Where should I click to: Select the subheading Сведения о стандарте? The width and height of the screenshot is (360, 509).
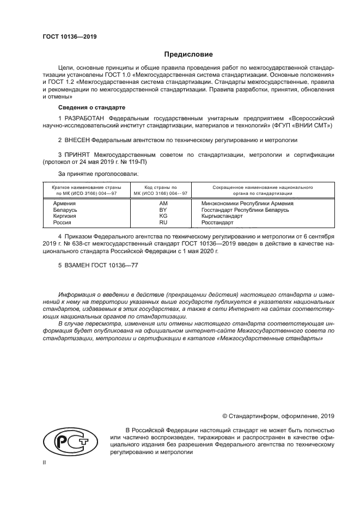click(x=84, y=107)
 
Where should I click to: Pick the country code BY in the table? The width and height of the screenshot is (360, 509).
click(x=162, y=209)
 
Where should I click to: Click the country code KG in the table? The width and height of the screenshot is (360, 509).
click(x=162, y=216)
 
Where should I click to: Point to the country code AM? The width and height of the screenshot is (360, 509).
click(x=162, y=203)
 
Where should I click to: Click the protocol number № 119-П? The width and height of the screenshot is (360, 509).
click(x=133, y=162)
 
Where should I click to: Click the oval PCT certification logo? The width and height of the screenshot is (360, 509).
click(x=68, y=441)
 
